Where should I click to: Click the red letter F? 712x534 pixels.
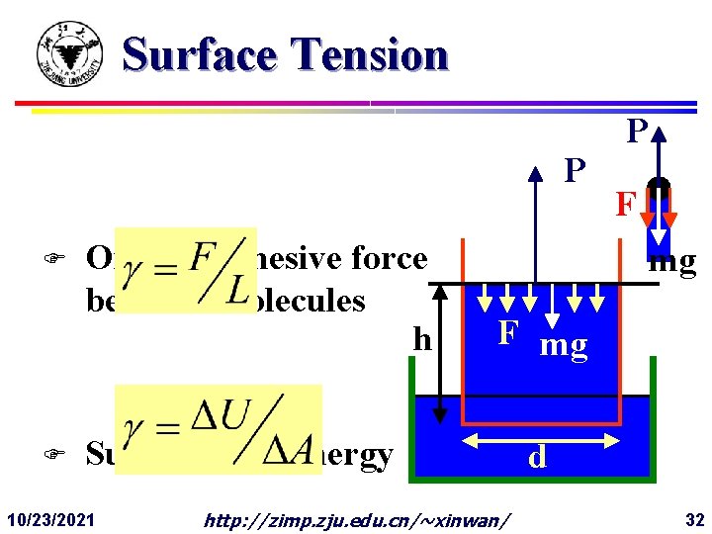624,205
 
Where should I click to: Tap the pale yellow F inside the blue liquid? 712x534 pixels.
507,333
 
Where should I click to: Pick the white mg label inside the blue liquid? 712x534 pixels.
564,345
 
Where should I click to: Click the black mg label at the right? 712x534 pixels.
673,262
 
